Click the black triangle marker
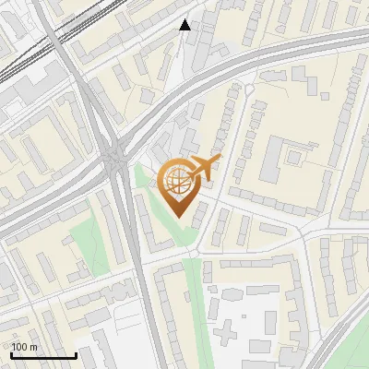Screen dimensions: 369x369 [x=185, y=25]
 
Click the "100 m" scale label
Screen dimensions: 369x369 [x=24, y=347]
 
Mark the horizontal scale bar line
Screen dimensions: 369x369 [x=43, y=355]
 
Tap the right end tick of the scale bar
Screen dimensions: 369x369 [x=76, y=353]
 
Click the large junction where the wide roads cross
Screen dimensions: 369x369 [x=116, y=157]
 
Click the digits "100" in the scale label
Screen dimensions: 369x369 [x=18, y=347]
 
